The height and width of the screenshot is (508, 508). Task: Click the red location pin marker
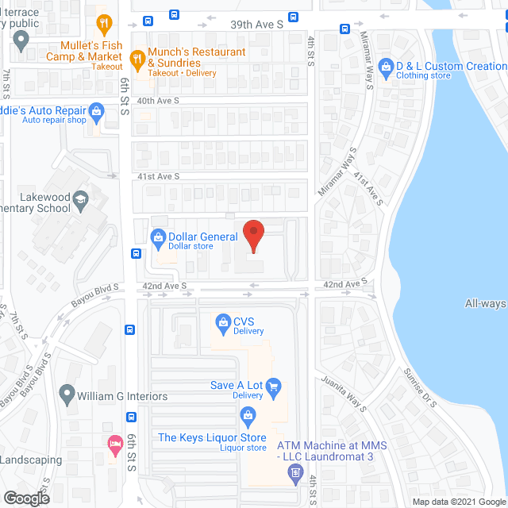[253, 236]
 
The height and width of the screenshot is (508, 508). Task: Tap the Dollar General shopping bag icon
[158, 237]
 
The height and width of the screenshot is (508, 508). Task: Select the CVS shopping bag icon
[223, 321]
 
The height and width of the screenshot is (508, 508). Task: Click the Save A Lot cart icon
[275, 386]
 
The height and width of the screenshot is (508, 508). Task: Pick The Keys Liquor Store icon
[248, 414]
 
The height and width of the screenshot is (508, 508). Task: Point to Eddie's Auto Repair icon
[97, 111]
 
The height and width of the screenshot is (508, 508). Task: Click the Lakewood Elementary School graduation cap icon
[80, 199]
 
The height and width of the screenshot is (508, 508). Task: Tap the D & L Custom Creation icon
[387, 67]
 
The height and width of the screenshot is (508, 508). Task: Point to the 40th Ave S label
[157, 101]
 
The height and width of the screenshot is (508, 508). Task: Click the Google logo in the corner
[25, 498]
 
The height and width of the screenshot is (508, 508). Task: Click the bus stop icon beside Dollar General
[137, 254]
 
